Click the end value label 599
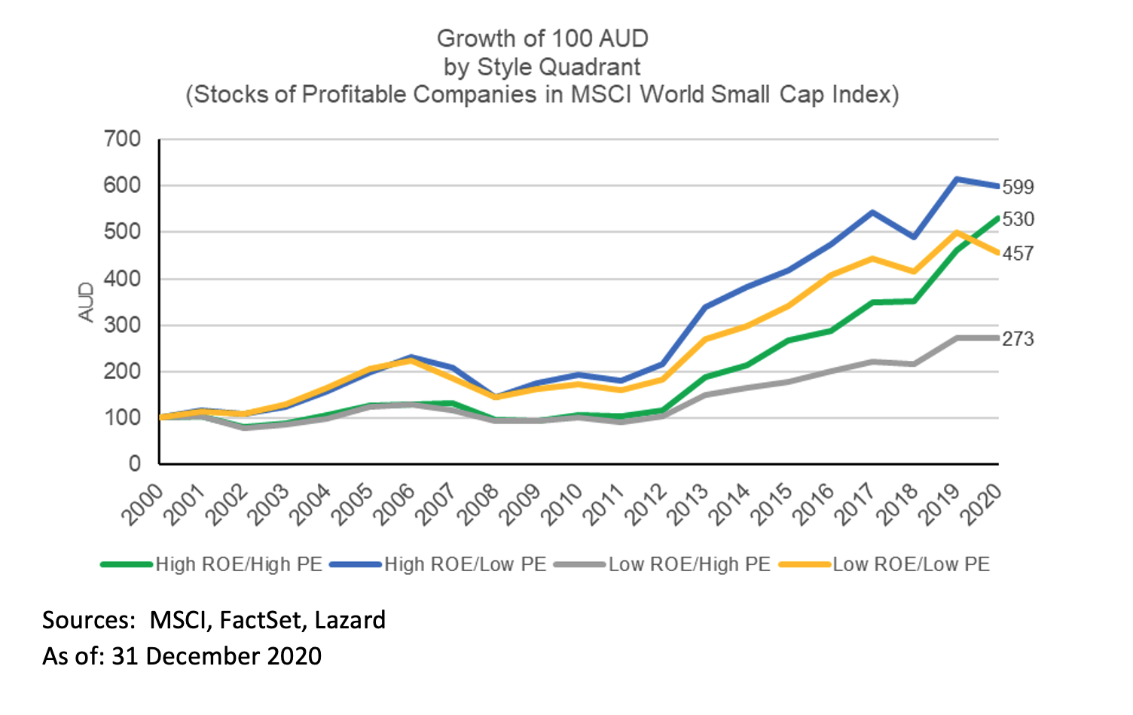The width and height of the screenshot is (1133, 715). (1018, 187)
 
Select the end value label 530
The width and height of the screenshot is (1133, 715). (1018, 219)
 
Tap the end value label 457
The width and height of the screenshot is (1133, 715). (1018, 254)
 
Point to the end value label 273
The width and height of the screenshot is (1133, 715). (1018, 339)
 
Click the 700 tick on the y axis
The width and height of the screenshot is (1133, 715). (122, 139)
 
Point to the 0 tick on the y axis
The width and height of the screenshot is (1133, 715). (135, 463)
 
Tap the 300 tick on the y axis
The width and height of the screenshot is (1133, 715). (122, 325)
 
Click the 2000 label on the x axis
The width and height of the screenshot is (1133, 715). (143, 503)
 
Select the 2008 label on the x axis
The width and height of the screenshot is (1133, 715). (479, 503)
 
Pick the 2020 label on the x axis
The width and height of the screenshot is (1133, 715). (982, 503)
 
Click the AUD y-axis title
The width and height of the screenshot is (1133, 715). (87, 302)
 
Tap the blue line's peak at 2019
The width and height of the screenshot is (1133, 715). (956, 179)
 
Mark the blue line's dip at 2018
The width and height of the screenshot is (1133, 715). (914, 237)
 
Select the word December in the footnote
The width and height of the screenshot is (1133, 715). (201, 656)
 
